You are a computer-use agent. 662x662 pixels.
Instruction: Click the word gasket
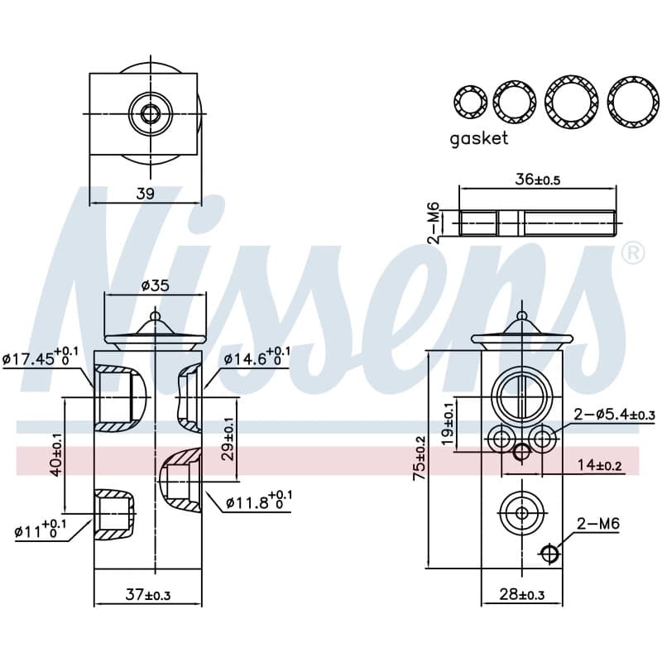tap(479, 138)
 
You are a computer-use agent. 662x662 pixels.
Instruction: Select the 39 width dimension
tap(146, 194)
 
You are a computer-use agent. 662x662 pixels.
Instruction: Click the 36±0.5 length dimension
tap(537, 180)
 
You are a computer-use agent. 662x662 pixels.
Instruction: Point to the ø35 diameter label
tap(156, 285)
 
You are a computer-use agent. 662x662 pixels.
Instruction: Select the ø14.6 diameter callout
tap(257, 358)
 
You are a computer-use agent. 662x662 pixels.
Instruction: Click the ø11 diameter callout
tap(40, 530)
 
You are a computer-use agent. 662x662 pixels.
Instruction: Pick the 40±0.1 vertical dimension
tap(56, 455)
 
